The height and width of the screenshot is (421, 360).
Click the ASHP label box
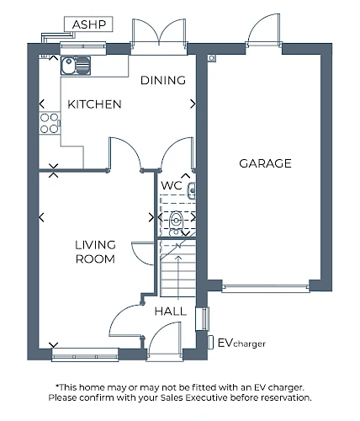[88, 24]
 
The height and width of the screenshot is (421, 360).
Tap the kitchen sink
[76, 66]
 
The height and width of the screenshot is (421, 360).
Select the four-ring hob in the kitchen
[50, 123]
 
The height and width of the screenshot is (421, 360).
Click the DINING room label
[163, 80]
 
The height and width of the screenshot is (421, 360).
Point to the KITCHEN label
[94, 104]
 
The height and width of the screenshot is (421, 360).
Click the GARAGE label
[265, 163]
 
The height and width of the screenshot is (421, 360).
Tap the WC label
[172, 185]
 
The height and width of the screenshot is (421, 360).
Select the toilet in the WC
[176, 221]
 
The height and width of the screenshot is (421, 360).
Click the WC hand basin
[192, 189]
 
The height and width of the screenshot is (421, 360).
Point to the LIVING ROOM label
[95, 252]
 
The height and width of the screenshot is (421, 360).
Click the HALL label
[171, 312]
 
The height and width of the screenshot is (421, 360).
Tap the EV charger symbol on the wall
[210, 342]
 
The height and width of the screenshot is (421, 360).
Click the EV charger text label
[241, 343]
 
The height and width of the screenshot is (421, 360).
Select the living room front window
[85, 355]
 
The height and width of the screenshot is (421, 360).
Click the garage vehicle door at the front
[266, 288]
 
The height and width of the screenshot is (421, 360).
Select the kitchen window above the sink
[83, 48]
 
